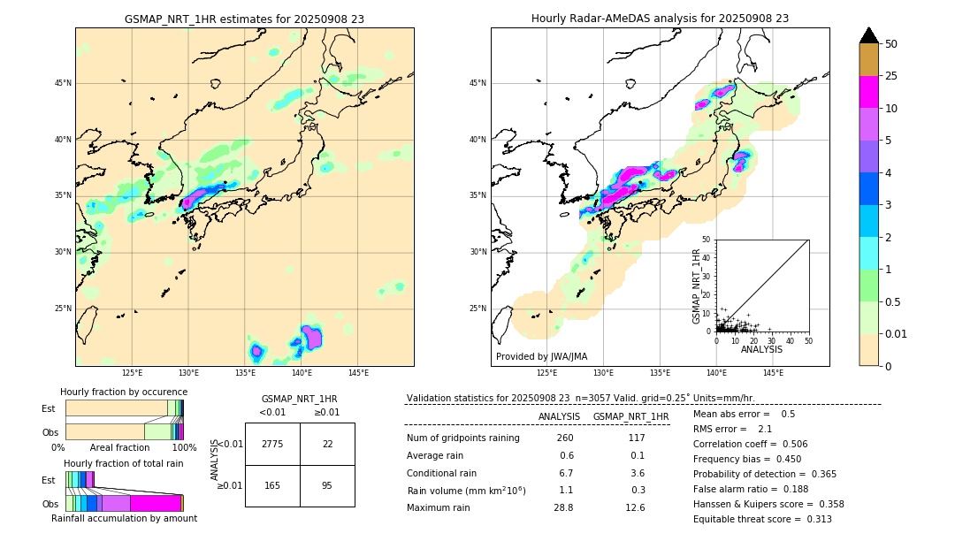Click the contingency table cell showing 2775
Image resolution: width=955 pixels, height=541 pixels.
pyautogui.click(x=272, y=444)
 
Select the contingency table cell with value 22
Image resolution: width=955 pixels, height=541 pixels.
pyautogui.click(x=327, y=444)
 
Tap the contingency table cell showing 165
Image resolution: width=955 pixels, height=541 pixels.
pyautogui.click(x=272, y=485)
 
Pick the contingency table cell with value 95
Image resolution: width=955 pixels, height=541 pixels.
pyautogui.click(x=327, y=485)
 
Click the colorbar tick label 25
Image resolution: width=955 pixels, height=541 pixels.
pyautogui.click(x=891, y=76)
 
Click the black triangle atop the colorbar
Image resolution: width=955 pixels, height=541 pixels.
pyautogui.click(x=869, y=35)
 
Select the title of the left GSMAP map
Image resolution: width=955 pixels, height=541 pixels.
pyautogui.click(x=244, y=19)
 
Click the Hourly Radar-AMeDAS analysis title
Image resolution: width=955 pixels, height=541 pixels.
pyautogui.click(x=660, y=19)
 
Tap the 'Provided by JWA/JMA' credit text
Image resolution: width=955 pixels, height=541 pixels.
pyautogui.click(x=541, y=356)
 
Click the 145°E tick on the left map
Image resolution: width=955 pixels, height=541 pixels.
pyautogui.click(x=358, y=373)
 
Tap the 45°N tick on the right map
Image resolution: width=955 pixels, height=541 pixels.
pyautogui.click(x=477, y=83)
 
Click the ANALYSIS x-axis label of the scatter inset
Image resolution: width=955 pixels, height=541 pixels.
pyautogui.click(x=761, y=349)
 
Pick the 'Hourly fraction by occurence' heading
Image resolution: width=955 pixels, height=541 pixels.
pyautogui.click(x=124, y=392)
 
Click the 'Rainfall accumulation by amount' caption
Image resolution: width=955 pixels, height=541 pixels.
pyautogui.click(x=124, y=518)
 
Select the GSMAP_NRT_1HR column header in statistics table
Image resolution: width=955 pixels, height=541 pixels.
pyautogui.click(x=630, y=416)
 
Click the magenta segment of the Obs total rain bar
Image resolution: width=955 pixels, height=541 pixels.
pyautogui.click(x=155, y=503)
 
